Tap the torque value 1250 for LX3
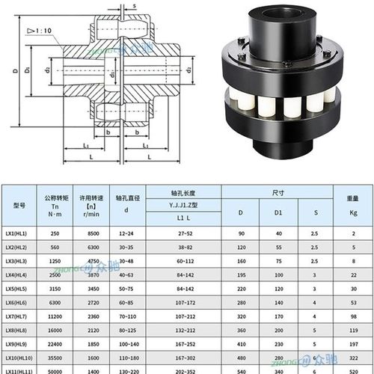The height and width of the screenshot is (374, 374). (x=55, y=261)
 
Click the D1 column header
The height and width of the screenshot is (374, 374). (x=278, y=212)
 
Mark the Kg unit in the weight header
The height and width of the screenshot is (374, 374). (x=352, y=213)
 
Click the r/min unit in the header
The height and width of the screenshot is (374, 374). (x=91, y=213)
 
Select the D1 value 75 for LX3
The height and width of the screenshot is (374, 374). (x=278, y=261)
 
